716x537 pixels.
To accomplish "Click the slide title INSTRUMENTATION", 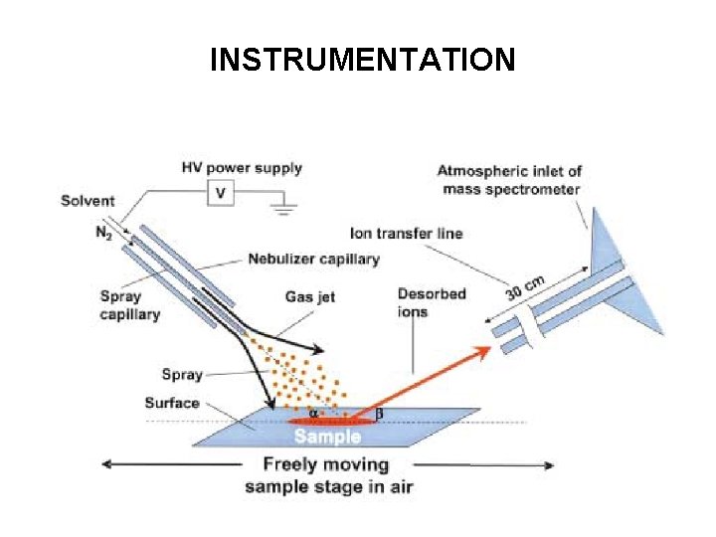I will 362,61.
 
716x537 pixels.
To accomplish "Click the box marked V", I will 220,194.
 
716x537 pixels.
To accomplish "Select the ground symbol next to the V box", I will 284,210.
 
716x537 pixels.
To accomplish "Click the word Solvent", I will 88,201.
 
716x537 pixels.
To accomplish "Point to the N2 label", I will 103,233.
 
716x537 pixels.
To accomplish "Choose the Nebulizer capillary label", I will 313,260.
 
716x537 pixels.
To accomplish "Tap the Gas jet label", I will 311,296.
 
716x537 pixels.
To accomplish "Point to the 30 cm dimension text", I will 526,288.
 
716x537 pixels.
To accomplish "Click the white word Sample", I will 328,437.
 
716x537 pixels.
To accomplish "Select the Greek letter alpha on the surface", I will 313,413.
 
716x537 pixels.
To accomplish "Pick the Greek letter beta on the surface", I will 378,413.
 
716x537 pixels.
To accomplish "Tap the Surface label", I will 171,403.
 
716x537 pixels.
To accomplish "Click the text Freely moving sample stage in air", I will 328,475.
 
